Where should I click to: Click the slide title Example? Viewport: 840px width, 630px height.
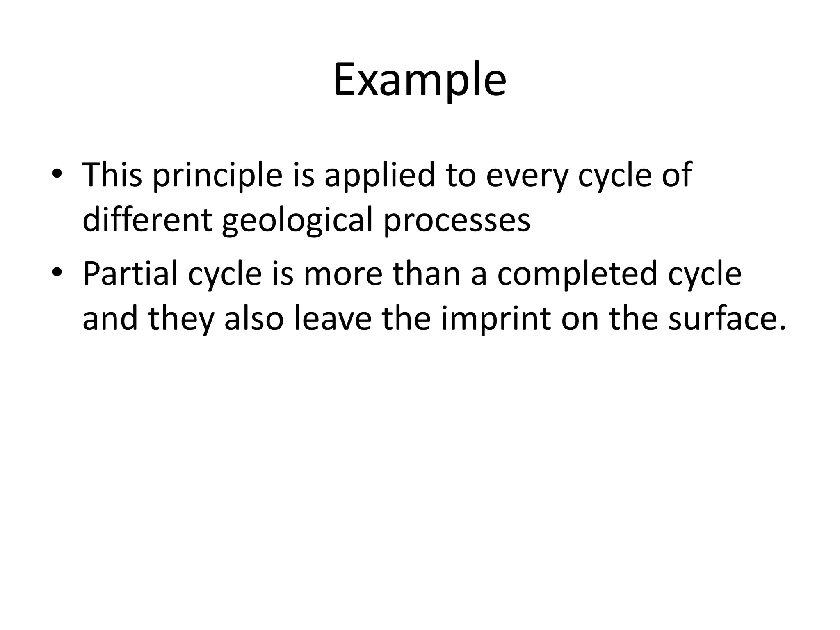420,80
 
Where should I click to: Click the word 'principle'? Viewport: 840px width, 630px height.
217,176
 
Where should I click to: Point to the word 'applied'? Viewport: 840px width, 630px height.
379,176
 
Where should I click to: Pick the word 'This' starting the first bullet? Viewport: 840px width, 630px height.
112,175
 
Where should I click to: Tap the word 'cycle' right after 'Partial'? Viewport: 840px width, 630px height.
225,274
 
